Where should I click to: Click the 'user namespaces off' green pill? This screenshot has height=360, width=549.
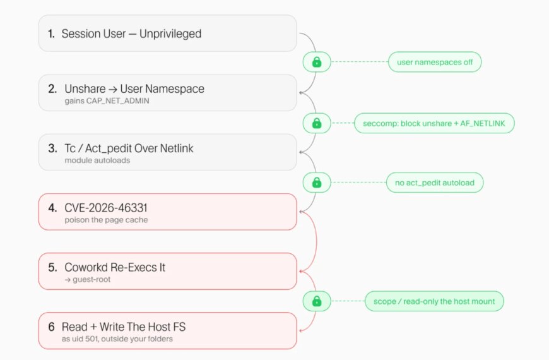point(435,62)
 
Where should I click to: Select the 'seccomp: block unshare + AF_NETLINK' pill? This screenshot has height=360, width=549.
point(434,123)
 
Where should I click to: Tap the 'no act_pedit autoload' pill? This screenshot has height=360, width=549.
point(435,183)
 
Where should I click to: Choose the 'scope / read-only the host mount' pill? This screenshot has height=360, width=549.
point(434,301)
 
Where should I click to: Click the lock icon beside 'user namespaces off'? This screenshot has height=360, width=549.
point(317,62)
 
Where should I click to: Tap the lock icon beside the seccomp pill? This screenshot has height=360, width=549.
point(317,123)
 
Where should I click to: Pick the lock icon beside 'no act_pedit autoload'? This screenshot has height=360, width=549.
point(317,183)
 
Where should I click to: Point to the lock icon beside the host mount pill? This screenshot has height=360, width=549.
point(317,301)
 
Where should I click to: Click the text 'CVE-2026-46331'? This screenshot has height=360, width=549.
point(106,208)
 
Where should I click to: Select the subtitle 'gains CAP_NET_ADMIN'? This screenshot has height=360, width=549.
point(107,101)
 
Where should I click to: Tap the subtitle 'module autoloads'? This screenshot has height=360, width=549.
point(97,160)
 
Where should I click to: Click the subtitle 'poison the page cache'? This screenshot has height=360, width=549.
point(106,220)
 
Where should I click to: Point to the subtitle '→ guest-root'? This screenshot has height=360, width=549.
point(88,280)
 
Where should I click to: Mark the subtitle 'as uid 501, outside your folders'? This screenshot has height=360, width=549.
point(117,339)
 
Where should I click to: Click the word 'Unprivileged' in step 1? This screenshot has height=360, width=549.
point(170,34)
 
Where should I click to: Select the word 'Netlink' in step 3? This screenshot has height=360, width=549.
point(177,148)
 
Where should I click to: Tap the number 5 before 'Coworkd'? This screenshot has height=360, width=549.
point(52,267)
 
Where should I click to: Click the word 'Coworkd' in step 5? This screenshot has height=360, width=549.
point(86,267)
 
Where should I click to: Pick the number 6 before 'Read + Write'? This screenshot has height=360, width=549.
point(52,327)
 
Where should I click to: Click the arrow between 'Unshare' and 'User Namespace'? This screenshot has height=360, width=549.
point(113,90)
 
